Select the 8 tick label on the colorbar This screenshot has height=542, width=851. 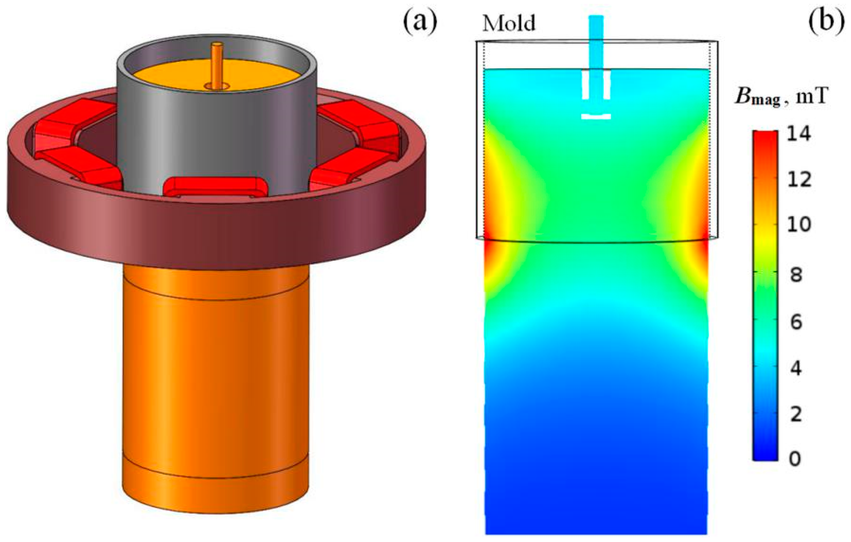point(796,275)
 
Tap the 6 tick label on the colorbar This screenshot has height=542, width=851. point(796,322)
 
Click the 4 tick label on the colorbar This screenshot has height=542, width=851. point(796,369)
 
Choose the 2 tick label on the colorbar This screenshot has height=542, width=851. point(796,414)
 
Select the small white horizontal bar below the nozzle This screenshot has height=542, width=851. point(596,117)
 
